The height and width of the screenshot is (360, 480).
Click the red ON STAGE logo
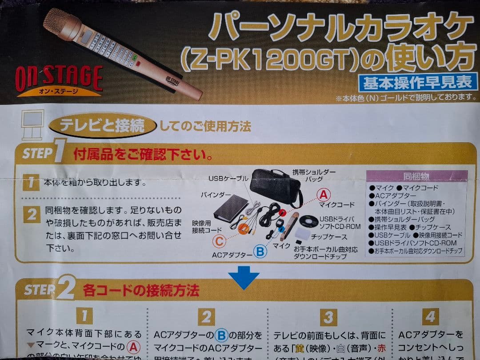point(59,79)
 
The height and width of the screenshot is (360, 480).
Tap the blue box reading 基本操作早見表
point(418,82)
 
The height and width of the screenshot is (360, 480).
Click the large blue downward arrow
point(244,277)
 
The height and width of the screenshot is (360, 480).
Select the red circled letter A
point(324,194)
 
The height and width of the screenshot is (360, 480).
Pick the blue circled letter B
point(260,252)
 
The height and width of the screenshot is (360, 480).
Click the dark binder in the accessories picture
point(230,211)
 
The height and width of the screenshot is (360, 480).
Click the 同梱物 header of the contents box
point(416,176)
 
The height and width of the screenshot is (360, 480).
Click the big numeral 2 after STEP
point(65,289)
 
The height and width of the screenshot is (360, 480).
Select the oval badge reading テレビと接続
point(103,126)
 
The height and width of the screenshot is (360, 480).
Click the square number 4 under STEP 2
point(430,316)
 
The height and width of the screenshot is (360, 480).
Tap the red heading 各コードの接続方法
point(141,291)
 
